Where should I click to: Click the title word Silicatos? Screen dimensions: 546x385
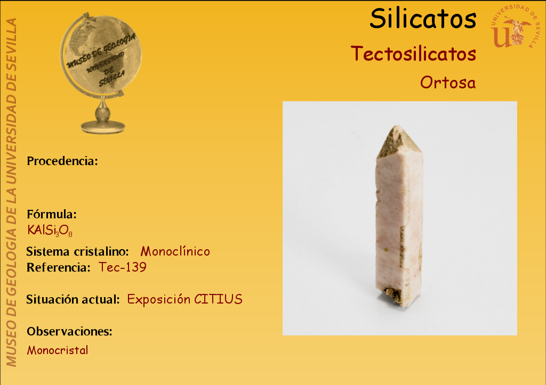pyautogui.click(x=423, y=19)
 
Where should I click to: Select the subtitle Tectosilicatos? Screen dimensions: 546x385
pyautogui.click(x=413, y=54)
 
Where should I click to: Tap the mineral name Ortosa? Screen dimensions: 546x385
pyautogui.click(x=448, y=83)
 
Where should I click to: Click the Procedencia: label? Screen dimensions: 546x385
pyautogui.click(x=62, y=161)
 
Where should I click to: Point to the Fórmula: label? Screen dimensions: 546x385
pyautogui.click(x=52, y=214)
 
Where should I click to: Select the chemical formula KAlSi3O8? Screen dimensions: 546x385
pyautogui.click(x=50, y=231)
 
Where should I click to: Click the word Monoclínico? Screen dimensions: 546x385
pyautogui.click(x=175, y=251)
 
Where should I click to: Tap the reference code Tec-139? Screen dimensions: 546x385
pyautogui.click(x=123, y=267)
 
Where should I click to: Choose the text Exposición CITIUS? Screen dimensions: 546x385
pyautogui.click(x=184, y=299)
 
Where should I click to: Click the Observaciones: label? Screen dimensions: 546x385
pyautogui.click(x=70, y=331)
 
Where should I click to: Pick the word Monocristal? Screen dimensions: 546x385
pyautogui.click(x=58, y=350)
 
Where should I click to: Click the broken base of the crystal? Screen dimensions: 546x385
pyautogui.click(x=397, y=296)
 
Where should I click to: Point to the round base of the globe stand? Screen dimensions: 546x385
pyautogui.click(x=103, y=127)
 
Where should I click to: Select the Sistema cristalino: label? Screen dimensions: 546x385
pyautogui.click(x=78, y=251)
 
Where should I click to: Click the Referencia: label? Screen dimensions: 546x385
pyautogui.click(x=59, y=267)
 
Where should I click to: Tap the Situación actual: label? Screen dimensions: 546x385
pyautogui.click(x=73, y=299)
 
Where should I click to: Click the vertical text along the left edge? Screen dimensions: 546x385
pyautogui.click(x=11, y=193)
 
